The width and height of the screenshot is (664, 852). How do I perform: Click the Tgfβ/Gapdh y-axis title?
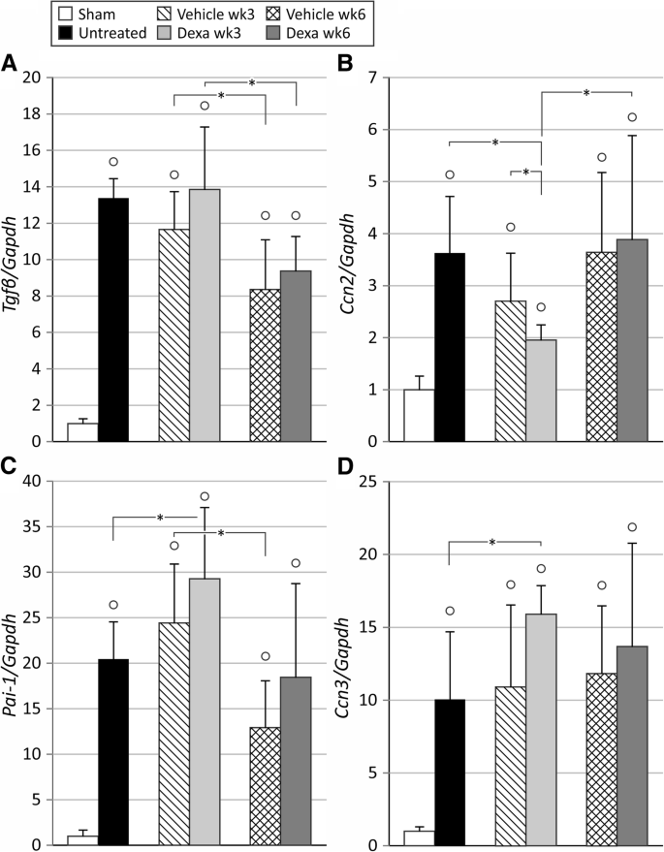click(x=14, y=259)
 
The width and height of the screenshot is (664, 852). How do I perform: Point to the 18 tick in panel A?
click(x=34, y=114)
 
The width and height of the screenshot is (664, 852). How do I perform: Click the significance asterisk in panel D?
click(x=492, y=542)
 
